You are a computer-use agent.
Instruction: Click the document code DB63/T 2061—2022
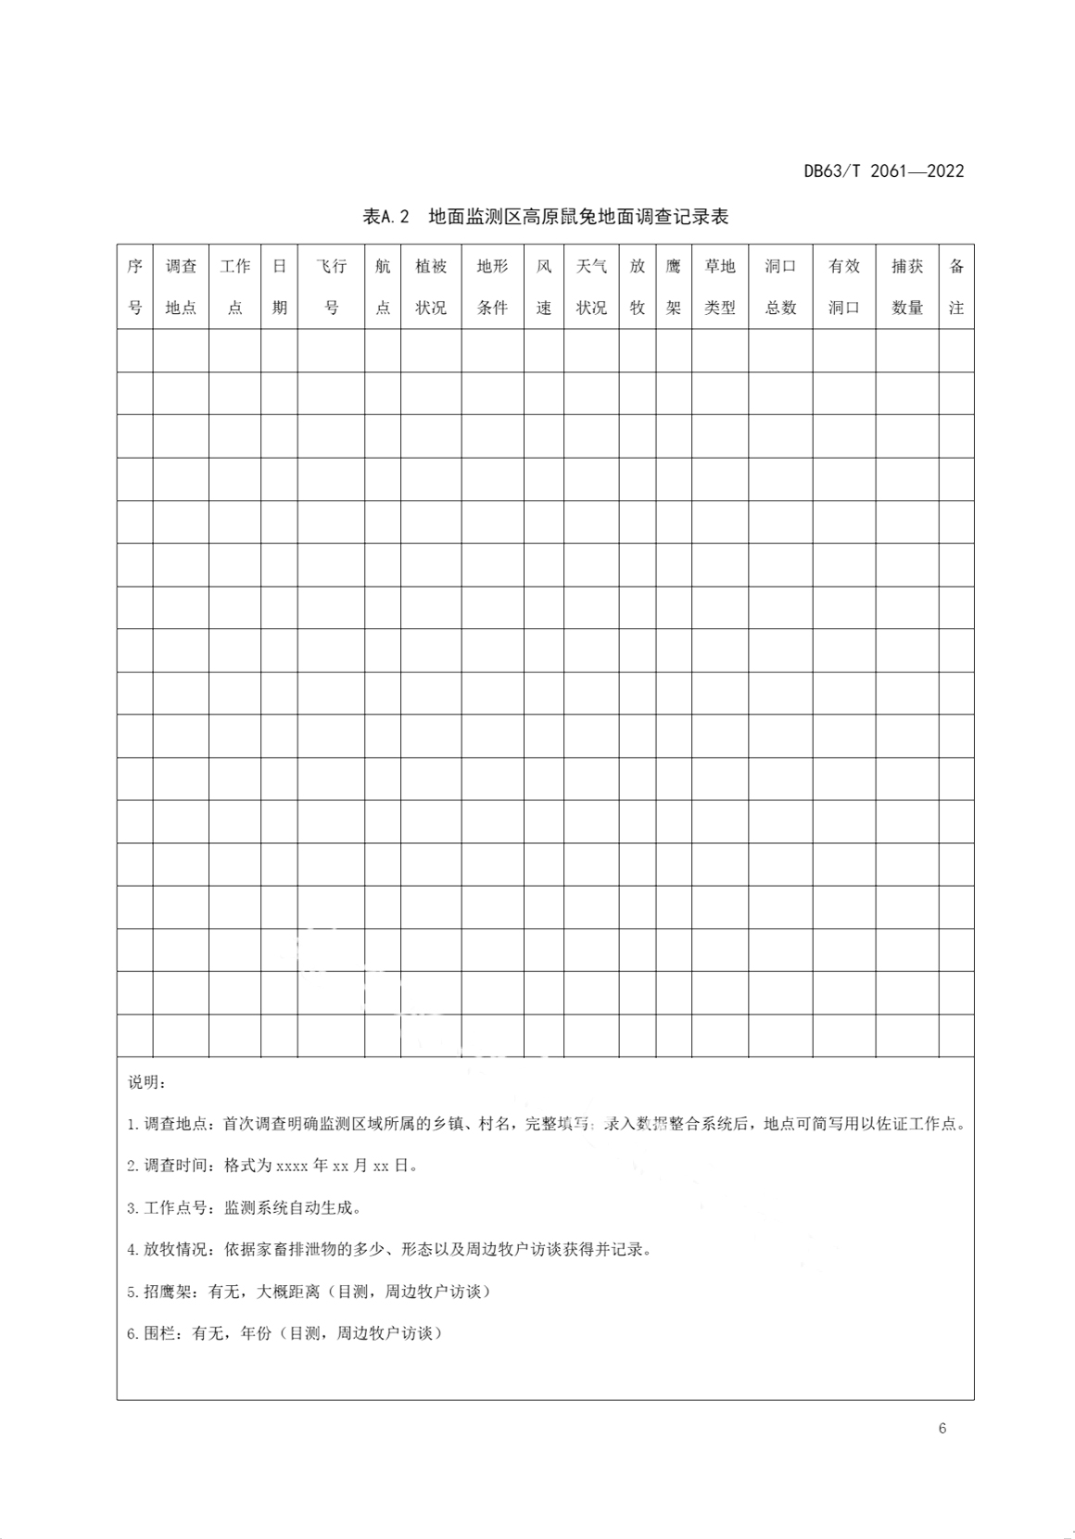point(883,171)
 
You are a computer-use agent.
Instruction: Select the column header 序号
point(134,286)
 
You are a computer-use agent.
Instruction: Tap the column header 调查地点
point(181,286)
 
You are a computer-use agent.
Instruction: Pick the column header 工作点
point(234,286)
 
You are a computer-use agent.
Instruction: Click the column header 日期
point(279,286)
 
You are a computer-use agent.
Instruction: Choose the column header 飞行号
point(331,286)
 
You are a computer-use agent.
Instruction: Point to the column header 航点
point(383,286)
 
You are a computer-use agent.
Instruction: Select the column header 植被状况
point(431,286)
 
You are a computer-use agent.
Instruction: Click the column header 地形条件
point(492,286)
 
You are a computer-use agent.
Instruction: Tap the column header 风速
point(544,286)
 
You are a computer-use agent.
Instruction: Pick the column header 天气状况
point(591,286)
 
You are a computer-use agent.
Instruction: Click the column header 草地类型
point(720,286)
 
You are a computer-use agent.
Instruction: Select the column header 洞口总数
point(780,286)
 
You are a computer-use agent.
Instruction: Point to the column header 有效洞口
point(844,286)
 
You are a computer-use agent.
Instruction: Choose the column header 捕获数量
point(907,286)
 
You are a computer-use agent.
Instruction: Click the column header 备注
point(956,286)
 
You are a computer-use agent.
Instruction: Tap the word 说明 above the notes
point(147,1082)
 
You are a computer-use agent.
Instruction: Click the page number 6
point(942,1428)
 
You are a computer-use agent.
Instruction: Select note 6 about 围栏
point(285,1333)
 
